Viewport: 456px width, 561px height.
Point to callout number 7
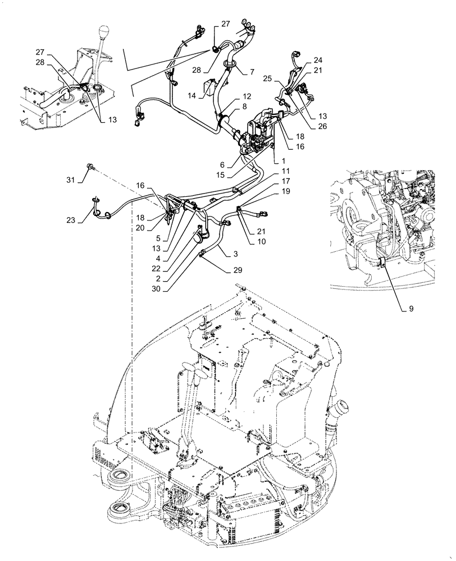pos(252,72)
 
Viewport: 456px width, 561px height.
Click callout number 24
pos(318,60)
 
